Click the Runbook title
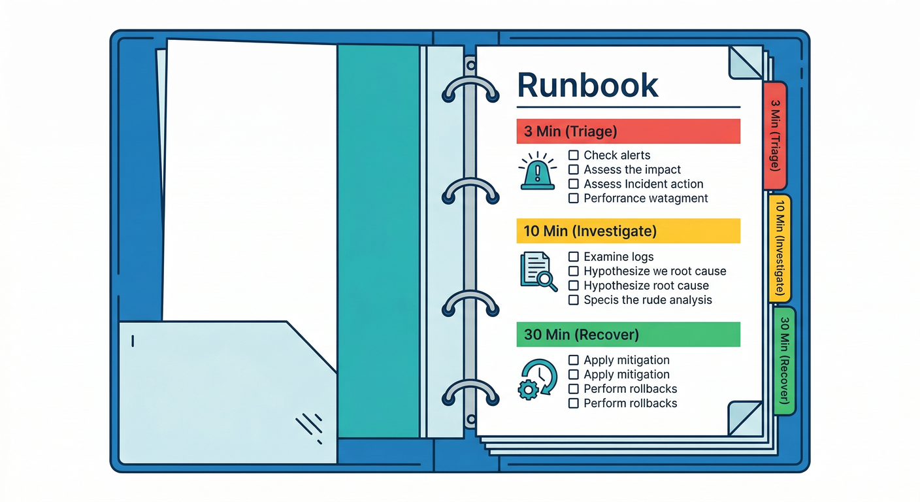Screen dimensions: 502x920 (x=587, y=85)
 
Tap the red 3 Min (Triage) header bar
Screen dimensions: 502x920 (x=628, y=131)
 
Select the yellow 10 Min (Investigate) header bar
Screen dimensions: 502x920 (x=628, y=231)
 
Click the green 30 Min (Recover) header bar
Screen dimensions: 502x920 (x=628, y=334)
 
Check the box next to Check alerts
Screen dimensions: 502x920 (x=574, y=155)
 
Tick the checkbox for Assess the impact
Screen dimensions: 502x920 (x=574, y=169)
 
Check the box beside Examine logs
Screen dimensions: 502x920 (x=574, y=257)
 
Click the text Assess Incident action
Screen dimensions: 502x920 (x=644, y=184)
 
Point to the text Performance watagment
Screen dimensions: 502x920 (x=646, y=198)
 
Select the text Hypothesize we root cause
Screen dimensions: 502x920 (x=655, y=271)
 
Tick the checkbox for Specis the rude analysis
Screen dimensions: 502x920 (x=574, y=300)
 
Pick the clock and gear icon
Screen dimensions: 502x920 (x=537, y=379)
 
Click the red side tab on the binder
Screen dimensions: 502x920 (x=775, y=135)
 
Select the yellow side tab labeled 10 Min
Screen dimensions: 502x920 (x=780, y=248)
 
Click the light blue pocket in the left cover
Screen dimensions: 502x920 (x=222, y=392)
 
